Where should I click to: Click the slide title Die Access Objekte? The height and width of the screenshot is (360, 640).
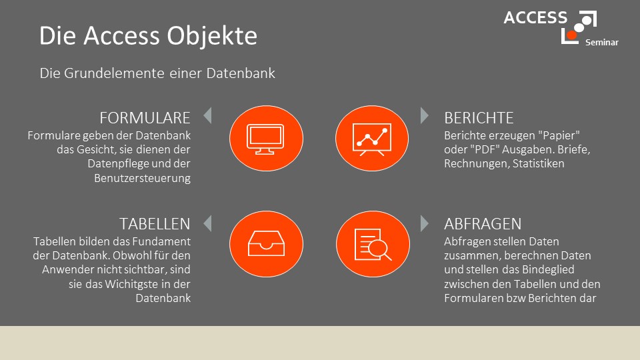point(148,36)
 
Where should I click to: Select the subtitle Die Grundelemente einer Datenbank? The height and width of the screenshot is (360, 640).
point(157,73)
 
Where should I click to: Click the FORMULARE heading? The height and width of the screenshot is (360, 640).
point(145,118)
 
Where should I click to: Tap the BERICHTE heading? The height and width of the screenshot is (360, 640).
point(479,118)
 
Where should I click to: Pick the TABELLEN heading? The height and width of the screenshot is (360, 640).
point(155,224)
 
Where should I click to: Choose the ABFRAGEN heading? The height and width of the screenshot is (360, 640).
point(483,224)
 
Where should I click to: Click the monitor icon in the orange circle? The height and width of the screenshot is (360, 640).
point(265,139)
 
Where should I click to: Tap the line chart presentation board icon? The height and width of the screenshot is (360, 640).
point(372,139)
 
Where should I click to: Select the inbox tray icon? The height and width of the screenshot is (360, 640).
point(266,244)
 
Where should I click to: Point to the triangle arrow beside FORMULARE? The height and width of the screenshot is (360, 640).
point(208,115)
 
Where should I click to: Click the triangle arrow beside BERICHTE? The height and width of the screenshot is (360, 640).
point(425,115)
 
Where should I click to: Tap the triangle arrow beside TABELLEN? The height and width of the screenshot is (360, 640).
point(208,223)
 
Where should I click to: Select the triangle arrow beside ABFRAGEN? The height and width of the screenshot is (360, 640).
point(425,223)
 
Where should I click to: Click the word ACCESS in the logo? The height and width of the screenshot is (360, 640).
point(535,17)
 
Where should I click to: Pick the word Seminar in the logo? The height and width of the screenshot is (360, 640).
point(601,43)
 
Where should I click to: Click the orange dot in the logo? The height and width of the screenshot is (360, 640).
point(572,35)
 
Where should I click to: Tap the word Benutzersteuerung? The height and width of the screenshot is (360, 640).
point(143,179)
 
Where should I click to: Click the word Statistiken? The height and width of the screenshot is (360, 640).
point(539,163)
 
